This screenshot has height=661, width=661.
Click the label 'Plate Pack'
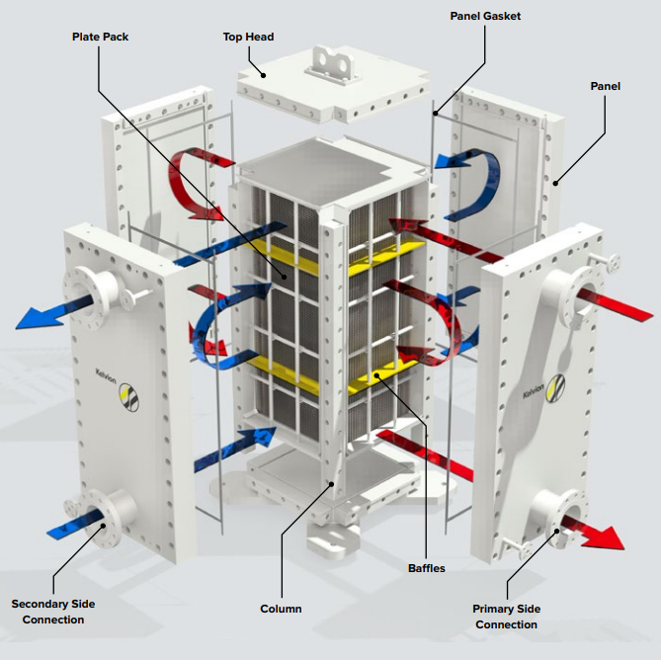click(x=100, y=38)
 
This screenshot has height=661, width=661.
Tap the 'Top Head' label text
click(x=248, y=38)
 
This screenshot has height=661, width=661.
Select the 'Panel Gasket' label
click(x=485, y=16)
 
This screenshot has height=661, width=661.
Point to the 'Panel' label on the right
click(x=606, y=86)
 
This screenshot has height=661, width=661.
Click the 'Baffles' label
click(x=427, y=568)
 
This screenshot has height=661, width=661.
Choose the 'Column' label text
click(x=281, y=609)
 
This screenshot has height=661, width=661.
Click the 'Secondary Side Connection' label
click(x=47, y=612)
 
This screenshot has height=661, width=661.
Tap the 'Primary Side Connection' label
click(x=506, y=617)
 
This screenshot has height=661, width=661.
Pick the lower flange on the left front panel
click(x=103, y=514)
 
